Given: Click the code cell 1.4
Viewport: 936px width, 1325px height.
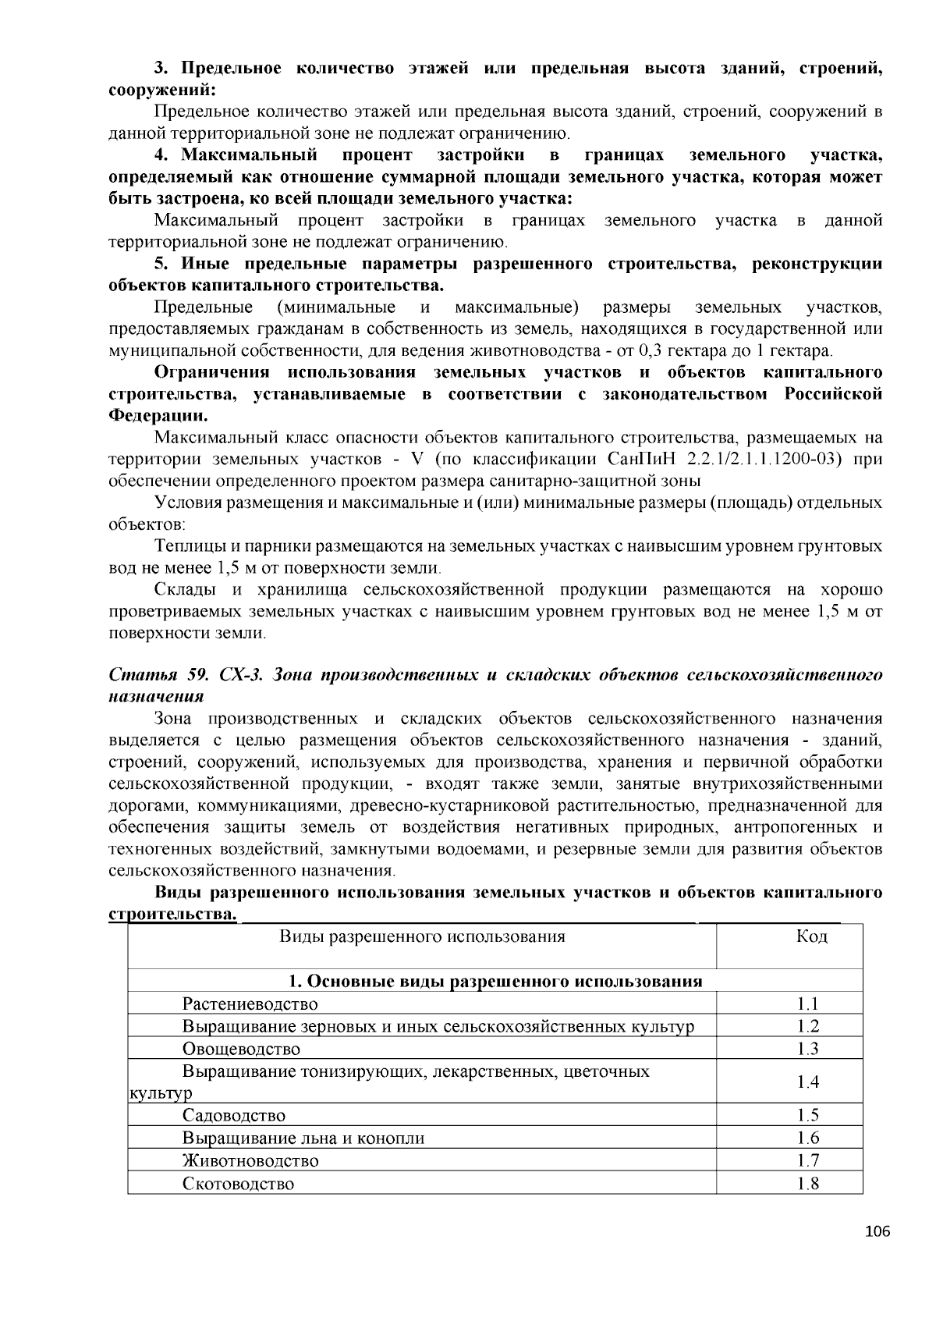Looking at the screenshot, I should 808,1082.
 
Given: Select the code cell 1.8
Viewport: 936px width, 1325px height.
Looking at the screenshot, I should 808,1184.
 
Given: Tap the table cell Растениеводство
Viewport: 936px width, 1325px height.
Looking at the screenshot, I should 250,1004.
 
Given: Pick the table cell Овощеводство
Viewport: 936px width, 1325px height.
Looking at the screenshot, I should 241,1049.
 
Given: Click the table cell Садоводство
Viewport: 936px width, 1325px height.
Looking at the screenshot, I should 234,1116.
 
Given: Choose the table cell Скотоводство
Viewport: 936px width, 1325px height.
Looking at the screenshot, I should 239,1184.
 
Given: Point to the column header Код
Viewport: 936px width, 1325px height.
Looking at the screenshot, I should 811,936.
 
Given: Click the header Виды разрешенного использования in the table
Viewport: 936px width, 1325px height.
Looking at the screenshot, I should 422,936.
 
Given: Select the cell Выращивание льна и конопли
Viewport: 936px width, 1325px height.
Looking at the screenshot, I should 303,1138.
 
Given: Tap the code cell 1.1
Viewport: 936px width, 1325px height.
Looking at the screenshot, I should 808,1004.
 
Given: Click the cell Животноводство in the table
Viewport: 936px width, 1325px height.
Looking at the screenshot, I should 250,1160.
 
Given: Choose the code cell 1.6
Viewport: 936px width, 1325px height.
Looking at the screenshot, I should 808,1138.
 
